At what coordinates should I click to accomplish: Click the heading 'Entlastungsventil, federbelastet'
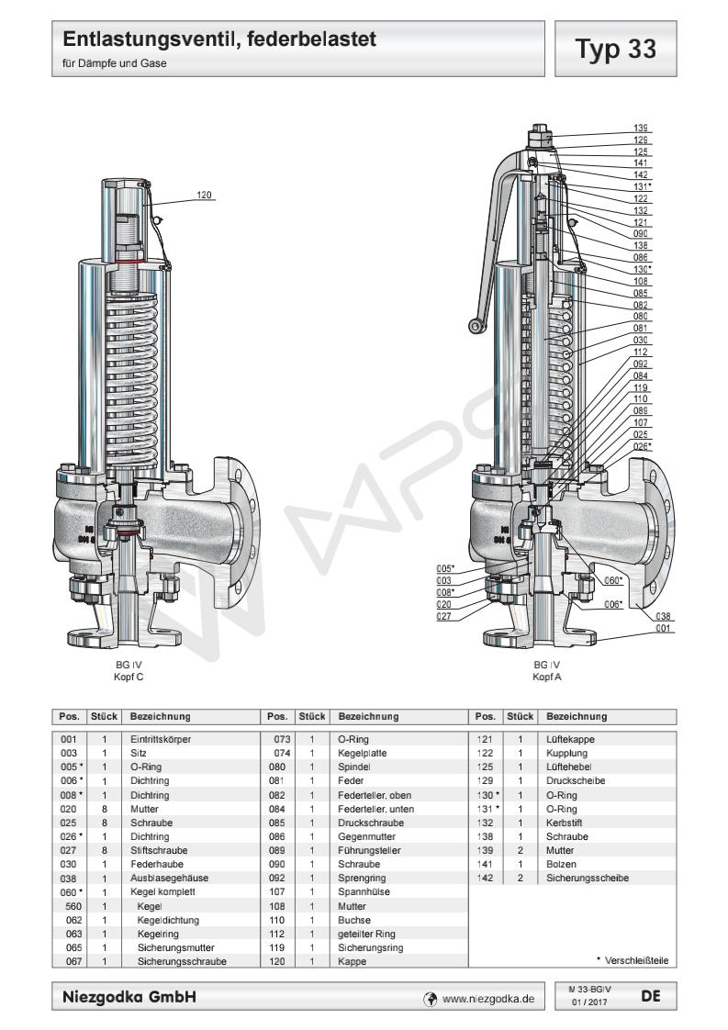click(x=220, y=40)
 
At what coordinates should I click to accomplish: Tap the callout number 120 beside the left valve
click(x=204, y=195)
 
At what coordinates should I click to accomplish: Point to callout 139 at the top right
click(x=640, y=127)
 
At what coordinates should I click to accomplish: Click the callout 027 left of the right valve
click(x=444, y=616)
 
